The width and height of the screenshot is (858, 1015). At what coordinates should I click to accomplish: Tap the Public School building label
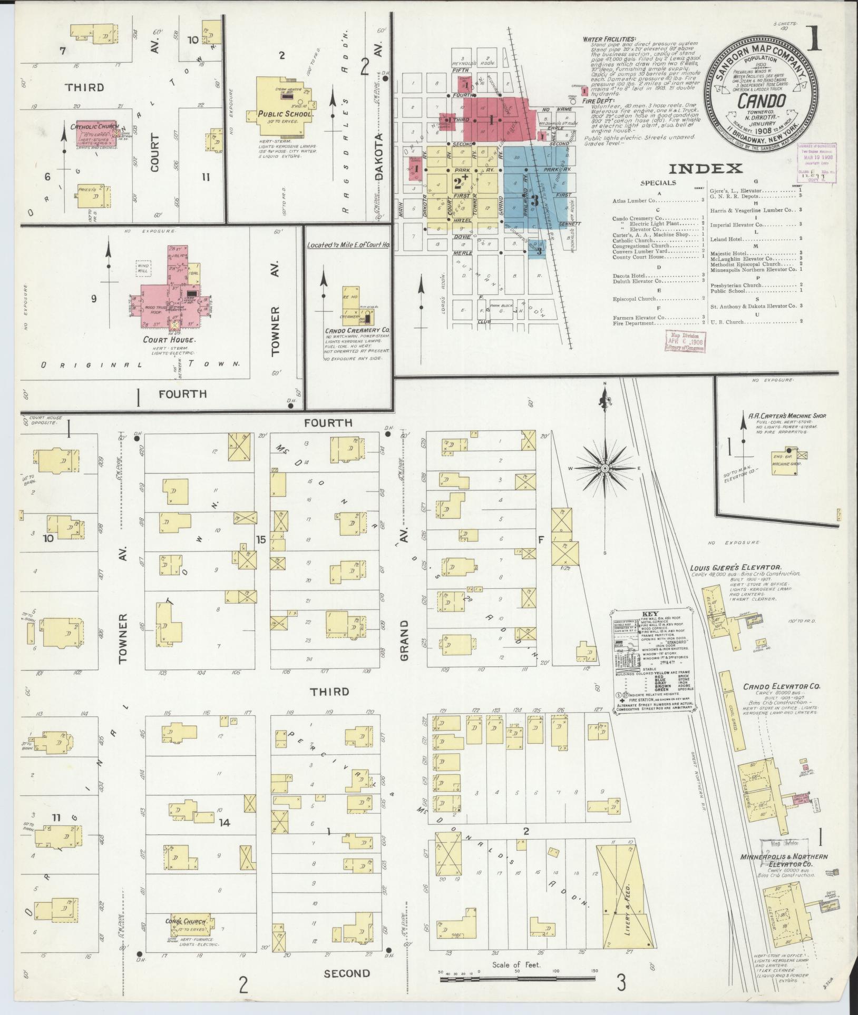(285, 114)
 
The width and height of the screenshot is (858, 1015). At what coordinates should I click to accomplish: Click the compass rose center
(605, 468)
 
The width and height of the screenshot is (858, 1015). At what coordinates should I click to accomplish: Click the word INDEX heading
(705, 169)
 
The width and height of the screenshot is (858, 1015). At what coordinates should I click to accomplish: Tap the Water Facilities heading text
(609, 39)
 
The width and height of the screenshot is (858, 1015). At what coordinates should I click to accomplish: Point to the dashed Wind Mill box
(144, 268)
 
